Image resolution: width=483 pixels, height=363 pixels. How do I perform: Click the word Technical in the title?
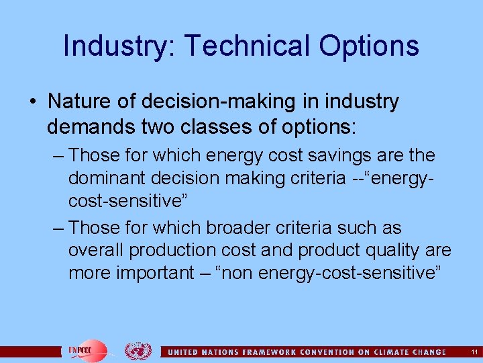point(247,46)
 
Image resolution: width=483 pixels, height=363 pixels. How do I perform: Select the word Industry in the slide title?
point(118,46)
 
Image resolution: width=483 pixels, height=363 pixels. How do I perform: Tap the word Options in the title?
point(369,46)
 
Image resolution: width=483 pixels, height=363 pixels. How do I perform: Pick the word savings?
point(323,155)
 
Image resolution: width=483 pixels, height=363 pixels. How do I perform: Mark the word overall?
point(96,251)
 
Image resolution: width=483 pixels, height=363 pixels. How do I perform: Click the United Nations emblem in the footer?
point(138,351)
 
